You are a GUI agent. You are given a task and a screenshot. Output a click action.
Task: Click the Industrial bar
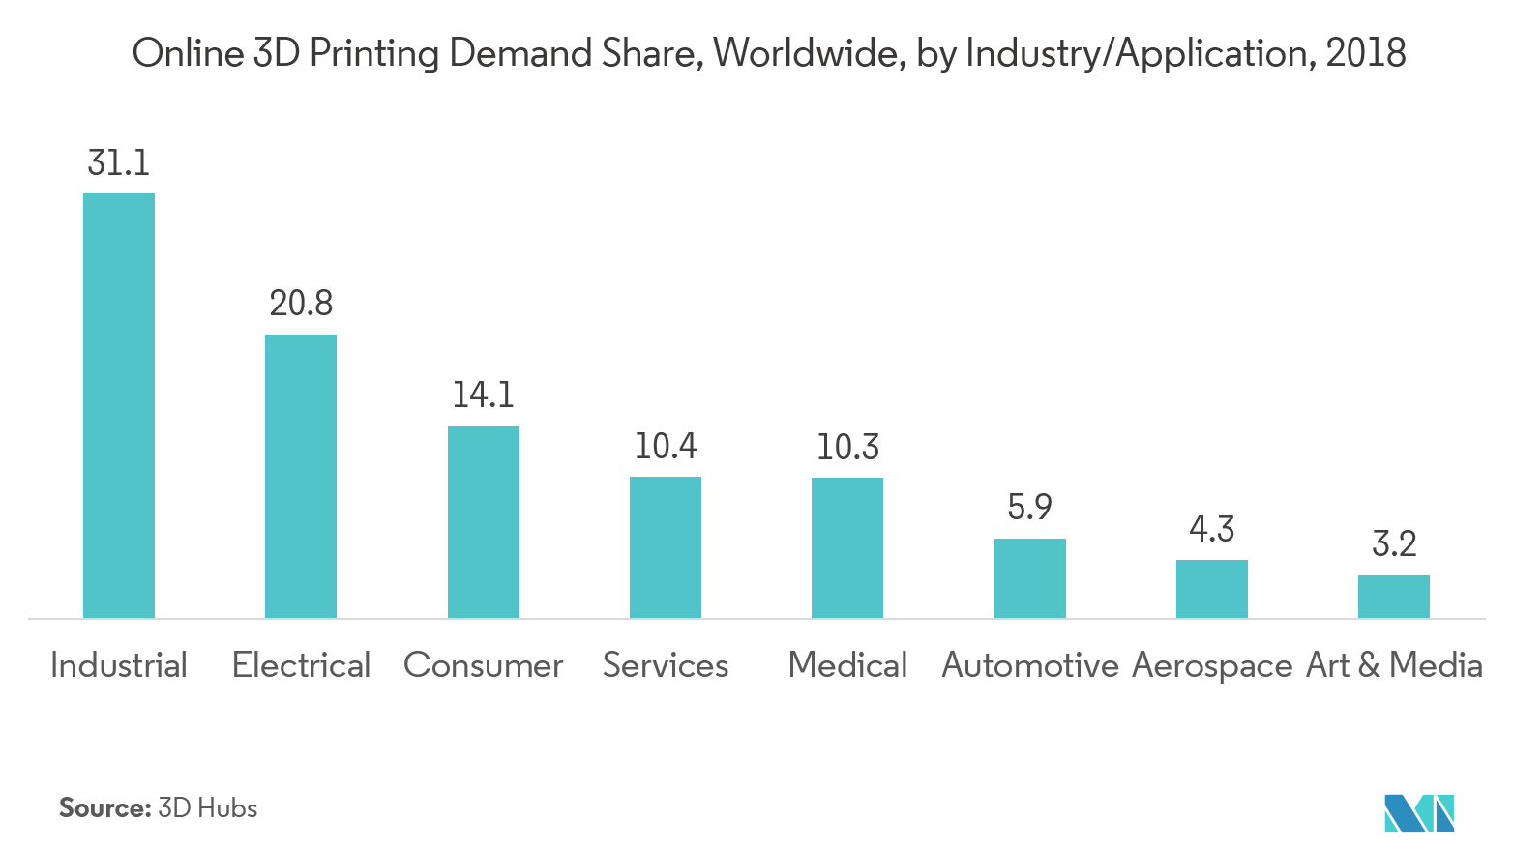click(119, 405)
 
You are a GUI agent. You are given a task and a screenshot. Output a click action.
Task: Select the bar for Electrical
click(301, 476)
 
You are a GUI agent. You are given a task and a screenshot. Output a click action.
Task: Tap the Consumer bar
click(483, 522)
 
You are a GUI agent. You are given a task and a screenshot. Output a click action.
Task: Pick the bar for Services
click(666, 547)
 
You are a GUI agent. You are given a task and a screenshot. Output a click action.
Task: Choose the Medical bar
click(847, 547)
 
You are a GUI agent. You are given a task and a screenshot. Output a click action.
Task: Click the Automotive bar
click(1029, 578)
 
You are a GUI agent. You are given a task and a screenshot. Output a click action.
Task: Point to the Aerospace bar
click(1211, 589)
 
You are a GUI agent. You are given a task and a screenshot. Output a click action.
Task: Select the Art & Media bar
click(1394, 597)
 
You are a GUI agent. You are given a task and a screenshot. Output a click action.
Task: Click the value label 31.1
click(119, 162)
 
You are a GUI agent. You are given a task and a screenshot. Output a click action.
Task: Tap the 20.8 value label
click(301, 304)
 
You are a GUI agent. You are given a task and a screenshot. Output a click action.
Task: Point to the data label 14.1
click(483, 395)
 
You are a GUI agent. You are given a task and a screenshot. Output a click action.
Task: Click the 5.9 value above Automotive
click(1029, 507)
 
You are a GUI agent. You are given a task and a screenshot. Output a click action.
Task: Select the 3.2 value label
click(1394, 543)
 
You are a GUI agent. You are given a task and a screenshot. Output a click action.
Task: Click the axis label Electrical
click(301, 665)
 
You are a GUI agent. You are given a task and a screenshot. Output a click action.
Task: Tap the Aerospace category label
click(1211, 665)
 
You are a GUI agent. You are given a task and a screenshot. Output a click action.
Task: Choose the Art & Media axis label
click(1394, 665)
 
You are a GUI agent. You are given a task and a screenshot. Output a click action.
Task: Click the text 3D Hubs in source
click(207, 808)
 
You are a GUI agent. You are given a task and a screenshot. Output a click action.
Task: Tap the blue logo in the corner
click(1419, 812)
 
